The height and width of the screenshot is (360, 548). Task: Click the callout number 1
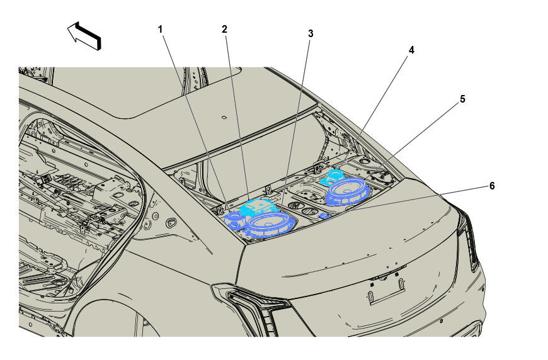160,30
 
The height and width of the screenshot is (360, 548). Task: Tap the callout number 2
224,30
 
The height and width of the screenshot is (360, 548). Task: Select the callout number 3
311,34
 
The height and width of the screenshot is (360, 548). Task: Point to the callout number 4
411,50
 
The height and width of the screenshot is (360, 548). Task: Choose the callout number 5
462,99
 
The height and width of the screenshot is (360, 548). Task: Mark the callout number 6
492,186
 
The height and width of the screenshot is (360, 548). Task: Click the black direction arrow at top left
84,36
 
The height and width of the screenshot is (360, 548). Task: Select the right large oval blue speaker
348,191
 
